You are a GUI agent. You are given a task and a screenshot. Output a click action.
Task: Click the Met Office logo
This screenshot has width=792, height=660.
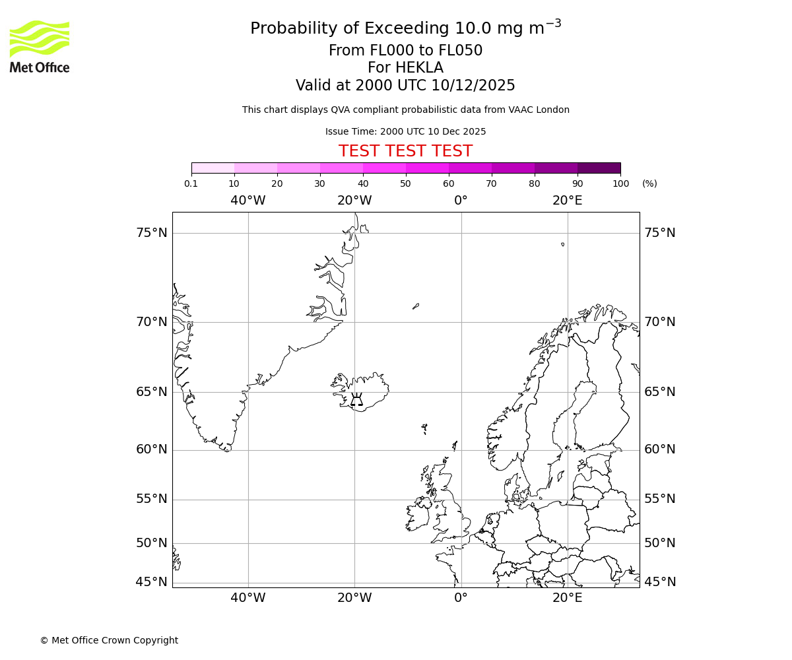(x=40, y=46)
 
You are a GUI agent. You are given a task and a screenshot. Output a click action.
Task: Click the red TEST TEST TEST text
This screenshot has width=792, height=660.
(x=405, y=151)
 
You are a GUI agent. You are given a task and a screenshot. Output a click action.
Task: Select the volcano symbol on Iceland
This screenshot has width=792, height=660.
(x=356, y=399)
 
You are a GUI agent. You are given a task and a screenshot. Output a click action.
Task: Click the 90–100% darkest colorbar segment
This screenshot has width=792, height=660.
(x=599, y=168)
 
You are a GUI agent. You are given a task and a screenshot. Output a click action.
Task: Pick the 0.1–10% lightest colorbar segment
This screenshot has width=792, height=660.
(x=213, y=168)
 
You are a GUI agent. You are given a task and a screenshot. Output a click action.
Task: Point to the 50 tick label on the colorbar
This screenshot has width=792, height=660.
(x=405, y=183)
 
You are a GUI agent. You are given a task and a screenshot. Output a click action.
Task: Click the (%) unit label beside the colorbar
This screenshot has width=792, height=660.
(x=649, y=183)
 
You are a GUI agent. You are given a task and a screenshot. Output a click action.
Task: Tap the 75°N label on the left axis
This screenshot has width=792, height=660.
(x=152, y=232)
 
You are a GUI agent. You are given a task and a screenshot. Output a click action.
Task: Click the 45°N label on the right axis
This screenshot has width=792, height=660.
(x=660, y=581)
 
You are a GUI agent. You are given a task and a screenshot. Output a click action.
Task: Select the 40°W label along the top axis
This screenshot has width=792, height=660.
(x=248, y=201)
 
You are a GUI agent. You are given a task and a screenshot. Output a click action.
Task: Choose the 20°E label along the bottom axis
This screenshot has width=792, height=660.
(x=568, y=598)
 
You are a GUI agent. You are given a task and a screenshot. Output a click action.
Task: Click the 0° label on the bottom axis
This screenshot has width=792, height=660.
(x=461, y=598)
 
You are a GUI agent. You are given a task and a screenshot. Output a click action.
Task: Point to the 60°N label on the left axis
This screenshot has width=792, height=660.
(x=152, y=449)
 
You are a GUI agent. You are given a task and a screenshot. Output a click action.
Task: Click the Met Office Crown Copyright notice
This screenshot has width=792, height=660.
(x=109, y=640)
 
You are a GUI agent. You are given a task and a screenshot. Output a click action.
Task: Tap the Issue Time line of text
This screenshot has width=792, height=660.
(x=405, y=131)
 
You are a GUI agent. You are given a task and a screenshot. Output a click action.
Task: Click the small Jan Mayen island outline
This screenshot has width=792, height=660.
(x=416, y=306)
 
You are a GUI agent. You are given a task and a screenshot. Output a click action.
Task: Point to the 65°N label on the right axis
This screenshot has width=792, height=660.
(x=660, y=391)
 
